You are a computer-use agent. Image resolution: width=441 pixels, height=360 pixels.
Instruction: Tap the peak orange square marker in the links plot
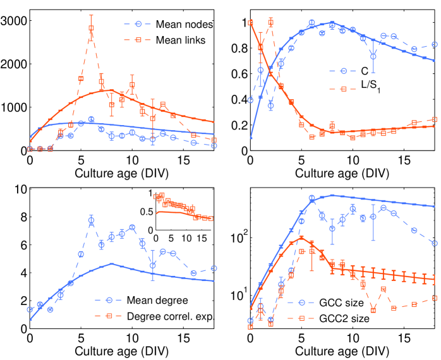tap(91, 28)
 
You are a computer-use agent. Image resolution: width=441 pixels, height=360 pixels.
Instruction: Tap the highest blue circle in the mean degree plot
tap(91, 220)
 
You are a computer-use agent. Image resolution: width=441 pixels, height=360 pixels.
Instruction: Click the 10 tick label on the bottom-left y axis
tap(19, 189)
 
